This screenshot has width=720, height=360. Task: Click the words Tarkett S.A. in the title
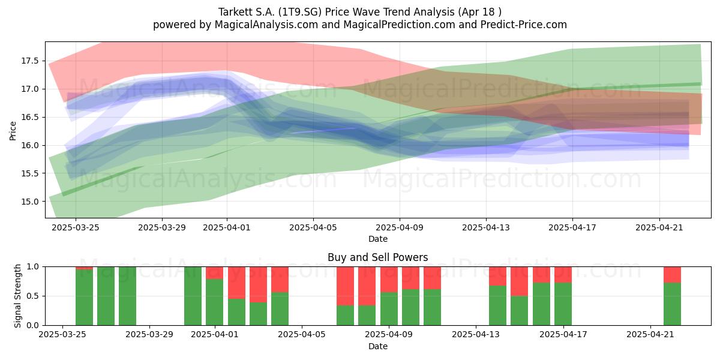247,12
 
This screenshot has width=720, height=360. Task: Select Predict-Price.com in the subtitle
524,25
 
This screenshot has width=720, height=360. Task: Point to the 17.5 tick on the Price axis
30,61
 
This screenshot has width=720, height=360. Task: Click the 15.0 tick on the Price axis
30,202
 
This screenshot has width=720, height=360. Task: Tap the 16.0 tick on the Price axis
30,145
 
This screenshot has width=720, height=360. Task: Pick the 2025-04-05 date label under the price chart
313,227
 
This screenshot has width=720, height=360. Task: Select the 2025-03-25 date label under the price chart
76,227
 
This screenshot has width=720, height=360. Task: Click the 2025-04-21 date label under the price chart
659,227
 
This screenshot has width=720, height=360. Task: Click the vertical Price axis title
13,131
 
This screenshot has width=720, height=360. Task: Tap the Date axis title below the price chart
378,239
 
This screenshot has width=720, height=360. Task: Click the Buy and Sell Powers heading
377,257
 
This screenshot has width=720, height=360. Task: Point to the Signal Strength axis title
17,296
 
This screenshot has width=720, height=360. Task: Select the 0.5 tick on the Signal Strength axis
32,296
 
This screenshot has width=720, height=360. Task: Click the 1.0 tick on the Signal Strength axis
32,267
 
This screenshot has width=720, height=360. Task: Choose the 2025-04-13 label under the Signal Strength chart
476,335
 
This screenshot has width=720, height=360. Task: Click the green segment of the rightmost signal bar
672,304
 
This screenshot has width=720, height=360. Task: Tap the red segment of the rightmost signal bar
672,275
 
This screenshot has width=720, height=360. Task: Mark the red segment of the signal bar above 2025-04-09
389,280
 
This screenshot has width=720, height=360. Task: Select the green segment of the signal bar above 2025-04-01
214,302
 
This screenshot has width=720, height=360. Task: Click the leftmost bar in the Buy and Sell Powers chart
84,296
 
